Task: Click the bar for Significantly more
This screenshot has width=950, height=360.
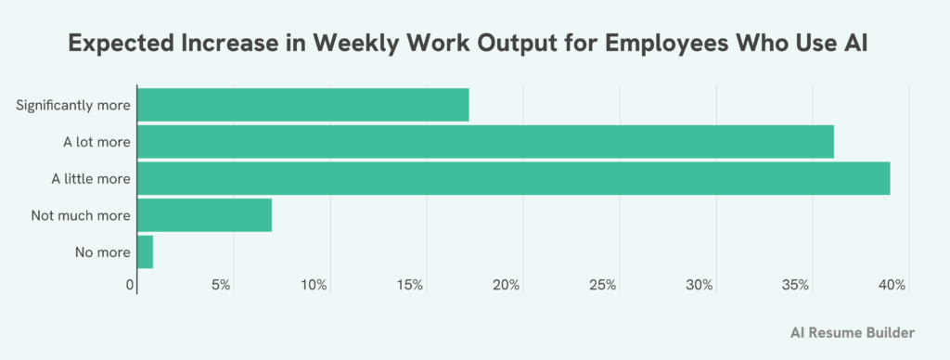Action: click(302, 105)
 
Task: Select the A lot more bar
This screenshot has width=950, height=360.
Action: click(485, 142)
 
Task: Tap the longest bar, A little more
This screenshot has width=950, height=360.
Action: click(513, 178)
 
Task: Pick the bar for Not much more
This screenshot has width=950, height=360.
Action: click(204, 215)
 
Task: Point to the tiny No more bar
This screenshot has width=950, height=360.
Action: click(145, 251)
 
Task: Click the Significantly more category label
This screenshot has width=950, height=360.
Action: click(73, 105)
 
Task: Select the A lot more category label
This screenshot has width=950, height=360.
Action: click(90, 142)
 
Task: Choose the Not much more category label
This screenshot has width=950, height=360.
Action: click(80, 215)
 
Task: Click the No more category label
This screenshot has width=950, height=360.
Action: click(102, 251)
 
